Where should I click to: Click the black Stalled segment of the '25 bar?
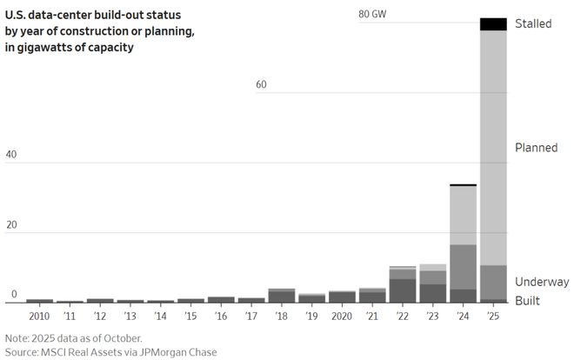[x=493, y=24]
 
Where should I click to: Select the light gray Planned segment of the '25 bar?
[x=493, y=148]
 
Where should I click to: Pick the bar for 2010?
[x=40, y=300]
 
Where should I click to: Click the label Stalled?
[x=533, y=23]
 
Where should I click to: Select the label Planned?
[x=537, y=148]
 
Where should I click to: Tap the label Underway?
[x=541, y=282]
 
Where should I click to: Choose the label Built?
[x=527, y=300]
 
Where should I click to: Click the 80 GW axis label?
[x=371, y=15]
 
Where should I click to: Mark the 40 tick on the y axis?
[x=11, y=155]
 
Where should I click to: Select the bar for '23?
[x=432, y=283]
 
